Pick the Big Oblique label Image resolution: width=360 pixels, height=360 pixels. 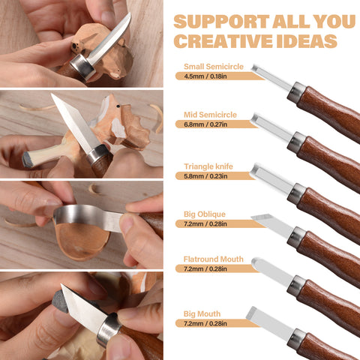coord(204,214)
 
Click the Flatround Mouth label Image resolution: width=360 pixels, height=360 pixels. coord(213,259)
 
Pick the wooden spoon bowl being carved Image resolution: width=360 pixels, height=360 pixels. coord(82,240)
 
